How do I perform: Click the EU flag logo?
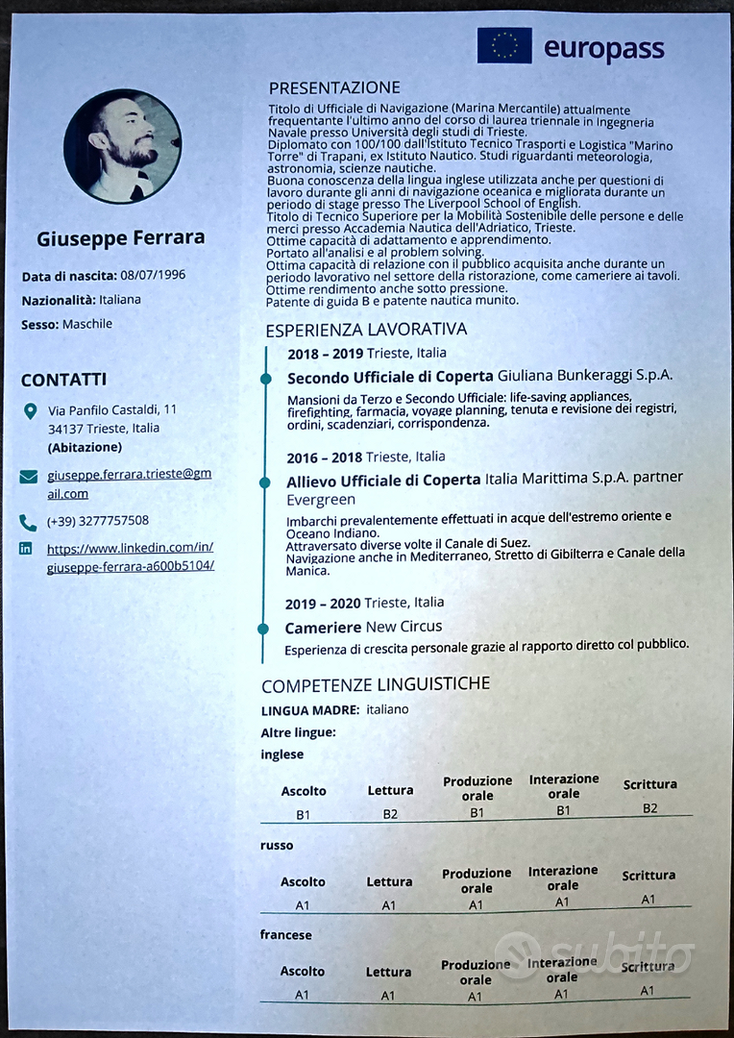504,45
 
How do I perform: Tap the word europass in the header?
603,48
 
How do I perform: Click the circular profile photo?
123,146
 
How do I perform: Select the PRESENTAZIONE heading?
334,87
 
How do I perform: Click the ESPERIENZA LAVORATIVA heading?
366,329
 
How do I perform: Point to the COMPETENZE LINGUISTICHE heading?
376,684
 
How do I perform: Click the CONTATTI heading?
63,380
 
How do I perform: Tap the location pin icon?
29,412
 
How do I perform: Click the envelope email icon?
28,476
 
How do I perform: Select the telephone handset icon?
28,523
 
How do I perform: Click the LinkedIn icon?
26,549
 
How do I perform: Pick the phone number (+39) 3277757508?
98,521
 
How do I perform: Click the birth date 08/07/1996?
153,275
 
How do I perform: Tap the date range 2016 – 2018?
324,457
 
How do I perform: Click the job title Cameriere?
323,628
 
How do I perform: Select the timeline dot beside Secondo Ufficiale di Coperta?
266,380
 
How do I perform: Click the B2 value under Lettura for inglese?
390,814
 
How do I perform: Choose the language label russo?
277,846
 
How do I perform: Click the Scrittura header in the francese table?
647,966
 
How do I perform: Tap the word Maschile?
87,324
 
